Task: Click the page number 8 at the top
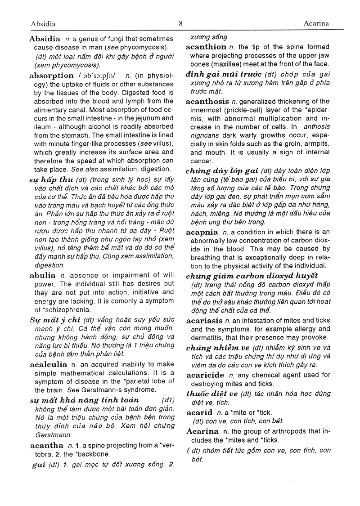[180, 23]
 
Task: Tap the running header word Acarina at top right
[316, 24]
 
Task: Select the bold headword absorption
[51, 76]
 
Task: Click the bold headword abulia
[42, 275]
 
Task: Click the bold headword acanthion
[206, 47]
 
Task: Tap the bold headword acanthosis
[207, 102]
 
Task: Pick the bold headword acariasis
[205, 320]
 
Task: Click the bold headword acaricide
[205, 375]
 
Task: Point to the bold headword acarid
[199, 412]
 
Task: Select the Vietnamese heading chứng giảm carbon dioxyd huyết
[252, 275]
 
